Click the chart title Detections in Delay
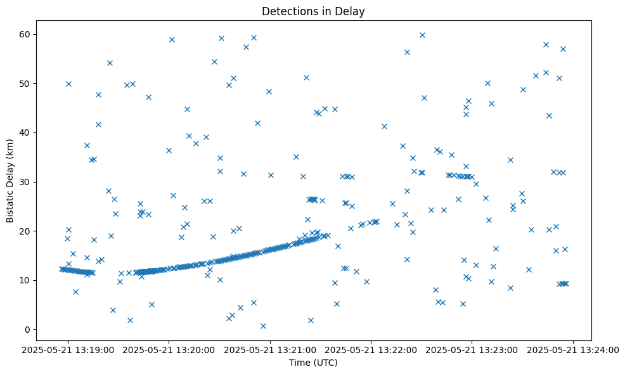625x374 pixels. point(313,11)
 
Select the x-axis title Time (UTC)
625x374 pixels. point(313,363)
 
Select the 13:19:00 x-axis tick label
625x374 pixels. point(68,349)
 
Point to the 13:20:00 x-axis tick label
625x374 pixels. point(170,349)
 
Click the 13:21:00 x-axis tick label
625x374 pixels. point(271,349)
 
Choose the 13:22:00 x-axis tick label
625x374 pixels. point(371,349)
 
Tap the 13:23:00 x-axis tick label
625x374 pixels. point(472,349)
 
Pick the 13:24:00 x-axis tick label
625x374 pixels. point(574,349)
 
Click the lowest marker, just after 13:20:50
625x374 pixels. point(263,326)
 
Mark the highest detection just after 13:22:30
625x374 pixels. point(422,35)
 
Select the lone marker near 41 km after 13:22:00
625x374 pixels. point(384,126)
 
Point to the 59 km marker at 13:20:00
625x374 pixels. point(172,39)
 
